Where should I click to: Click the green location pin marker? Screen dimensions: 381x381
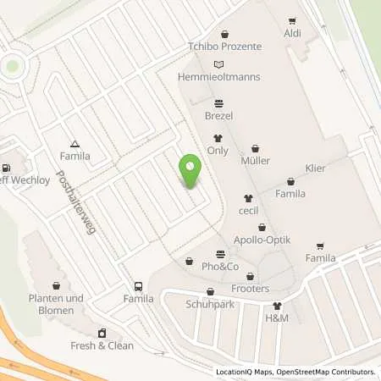pos(190,171)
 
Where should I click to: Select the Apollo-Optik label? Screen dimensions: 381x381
pos(262,240)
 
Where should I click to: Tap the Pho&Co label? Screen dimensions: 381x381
pos(220,267)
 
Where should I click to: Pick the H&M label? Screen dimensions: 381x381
pos(277,318)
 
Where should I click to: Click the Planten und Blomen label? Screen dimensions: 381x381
pos(57,304)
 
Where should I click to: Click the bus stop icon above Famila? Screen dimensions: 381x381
pos(138,286)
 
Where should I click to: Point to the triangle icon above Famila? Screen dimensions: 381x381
pos(75,144)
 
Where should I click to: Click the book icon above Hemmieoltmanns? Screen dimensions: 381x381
pos(220,64)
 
